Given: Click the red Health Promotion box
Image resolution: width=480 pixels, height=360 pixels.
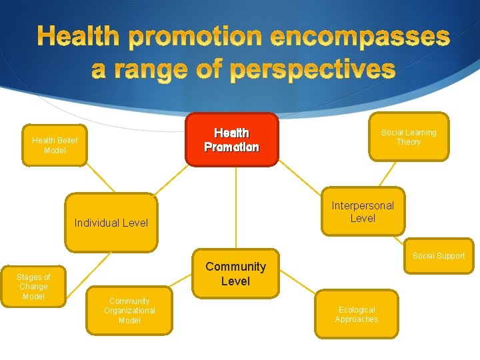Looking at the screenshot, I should (231, 139).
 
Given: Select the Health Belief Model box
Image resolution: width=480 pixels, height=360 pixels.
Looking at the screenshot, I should (55, 145).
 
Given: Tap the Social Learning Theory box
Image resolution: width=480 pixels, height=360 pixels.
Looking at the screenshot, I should (409, 137).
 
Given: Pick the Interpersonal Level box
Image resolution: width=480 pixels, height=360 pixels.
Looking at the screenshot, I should (363, 211).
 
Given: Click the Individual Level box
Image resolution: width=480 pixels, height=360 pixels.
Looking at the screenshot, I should (111, 223).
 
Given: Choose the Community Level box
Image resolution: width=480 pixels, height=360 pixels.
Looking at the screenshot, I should (235, 273).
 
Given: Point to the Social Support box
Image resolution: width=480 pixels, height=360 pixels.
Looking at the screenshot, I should (438, 255).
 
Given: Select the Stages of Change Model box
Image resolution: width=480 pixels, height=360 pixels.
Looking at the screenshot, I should (33, 286).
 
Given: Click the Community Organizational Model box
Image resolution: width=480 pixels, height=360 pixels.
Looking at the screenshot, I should (129, 311).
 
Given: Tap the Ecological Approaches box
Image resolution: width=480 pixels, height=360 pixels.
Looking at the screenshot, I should (357, 315).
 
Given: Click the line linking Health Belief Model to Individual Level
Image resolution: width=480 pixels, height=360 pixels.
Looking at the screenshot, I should (86, 179).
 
